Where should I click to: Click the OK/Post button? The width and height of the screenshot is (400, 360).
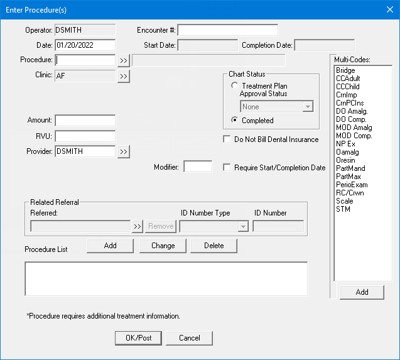[x=138, y=338]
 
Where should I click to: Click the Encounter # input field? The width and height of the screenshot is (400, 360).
[x=228, y=30]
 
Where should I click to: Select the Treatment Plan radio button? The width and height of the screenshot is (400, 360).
[x=234, y=85]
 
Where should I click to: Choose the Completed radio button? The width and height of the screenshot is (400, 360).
[x=234, y=120]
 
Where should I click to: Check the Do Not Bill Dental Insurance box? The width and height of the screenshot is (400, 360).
[x=227, y=139]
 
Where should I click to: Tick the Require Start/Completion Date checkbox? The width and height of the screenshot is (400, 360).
[x=227, y=168]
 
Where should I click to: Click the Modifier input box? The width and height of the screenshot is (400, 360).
[x=198, y=166]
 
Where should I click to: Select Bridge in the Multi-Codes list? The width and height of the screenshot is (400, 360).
[x=345, y=70]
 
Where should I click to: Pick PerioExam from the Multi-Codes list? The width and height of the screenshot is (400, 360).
[x=352, y=185]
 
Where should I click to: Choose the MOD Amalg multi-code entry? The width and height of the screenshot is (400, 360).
[x=354, y=128]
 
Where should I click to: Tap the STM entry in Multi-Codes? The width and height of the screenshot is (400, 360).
[x=343, y=209]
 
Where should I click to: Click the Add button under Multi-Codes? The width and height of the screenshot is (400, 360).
[x=362, y=292]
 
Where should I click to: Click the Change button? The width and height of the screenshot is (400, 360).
[x=163, y=246]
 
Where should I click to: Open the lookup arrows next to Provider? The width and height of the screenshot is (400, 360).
[x=124, y=151]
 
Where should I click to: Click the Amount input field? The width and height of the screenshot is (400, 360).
[x=85, y=121]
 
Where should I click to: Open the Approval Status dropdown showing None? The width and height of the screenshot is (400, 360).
[x=277, y=106]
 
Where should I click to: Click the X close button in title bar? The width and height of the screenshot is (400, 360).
[x=390, y=9]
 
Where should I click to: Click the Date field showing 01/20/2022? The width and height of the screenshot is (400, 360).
[x=85, y=45]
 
